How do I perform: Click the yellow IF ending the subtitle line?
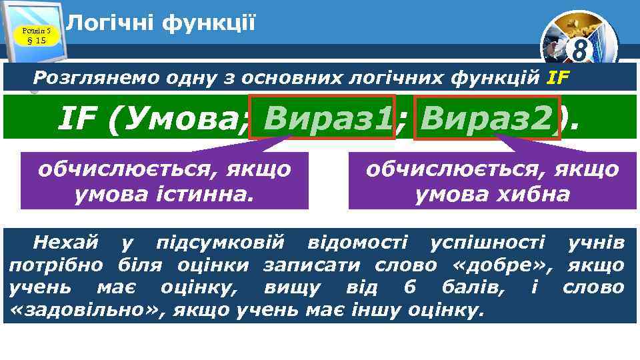[x=558, y=77]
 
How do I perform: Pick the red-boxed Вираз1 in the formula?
[x=323, y=118]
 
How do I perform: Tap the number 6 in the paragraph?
[x=409, y=287]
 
